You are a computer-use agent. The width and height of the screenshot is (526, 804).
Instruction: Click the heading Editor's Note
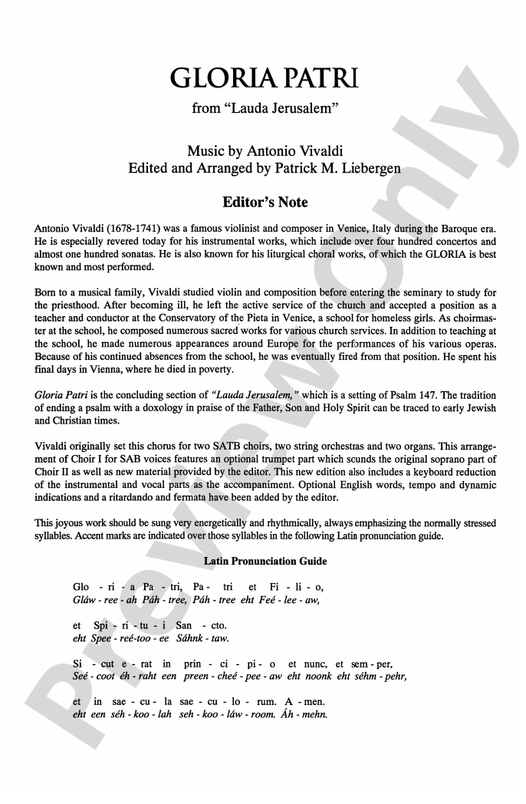coord(263,203)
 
